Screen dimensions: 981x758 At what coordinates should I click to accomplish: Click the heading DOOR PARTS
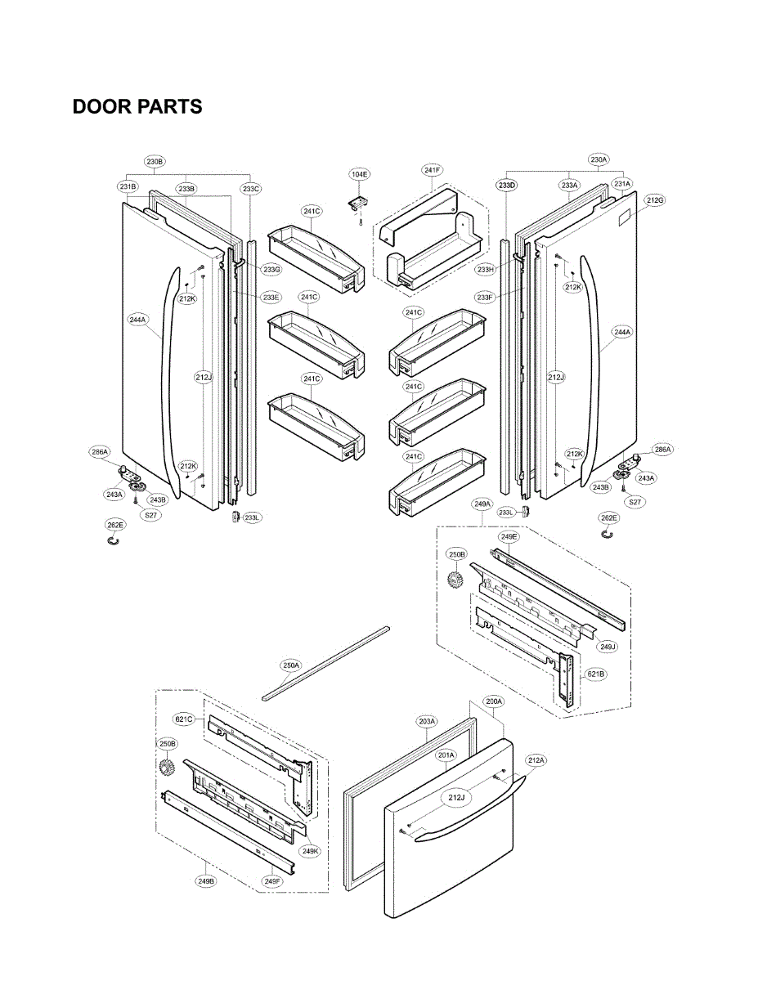click(137, 107)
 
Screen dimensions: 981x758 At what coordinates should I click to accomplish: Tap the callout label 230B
click(155, 161)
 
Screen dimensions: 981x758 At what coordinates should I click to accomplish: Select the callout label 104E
click(360, 174)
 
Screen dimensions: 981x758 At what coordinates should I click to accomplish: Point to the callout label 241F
click(433, 170)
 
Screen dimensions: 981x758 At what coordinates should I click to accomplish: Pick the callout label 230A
click(599, 159)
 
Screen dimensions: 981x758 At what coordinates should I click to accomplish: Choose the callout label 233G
click(271, 269)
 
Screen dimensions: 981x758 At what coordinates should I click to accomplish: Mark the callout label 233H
click(486, 270)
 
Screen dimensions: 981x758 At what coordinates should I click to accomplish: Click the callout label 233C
click(251, 189)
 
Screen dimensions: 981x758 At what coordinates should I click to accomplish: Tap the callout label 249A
click(482, 504)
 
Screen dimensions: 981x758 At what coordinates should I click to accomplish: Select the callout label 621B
click(595, 675)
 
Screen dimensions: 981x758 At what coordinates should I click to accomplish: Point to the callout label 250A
click(291, 665)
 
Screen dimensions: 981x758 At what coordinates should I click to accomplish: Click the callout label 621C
click(184, 719)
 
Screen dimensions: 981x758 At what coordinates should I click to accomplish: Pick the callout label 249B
click(205, 881)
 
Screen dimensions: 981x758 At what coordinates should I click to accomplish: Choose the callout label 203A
click(427, 722)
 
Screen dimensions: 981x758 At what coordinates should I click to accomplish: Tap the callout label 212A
click(536, 760)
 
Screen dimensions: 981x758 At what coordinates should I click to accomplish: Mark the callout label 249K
click(310, 851)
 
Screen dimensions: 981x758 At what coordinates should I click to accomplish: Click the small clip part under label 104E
click(357, 201)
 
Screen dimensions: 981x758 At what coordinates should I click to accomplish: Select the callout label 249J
click(607, 647)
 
